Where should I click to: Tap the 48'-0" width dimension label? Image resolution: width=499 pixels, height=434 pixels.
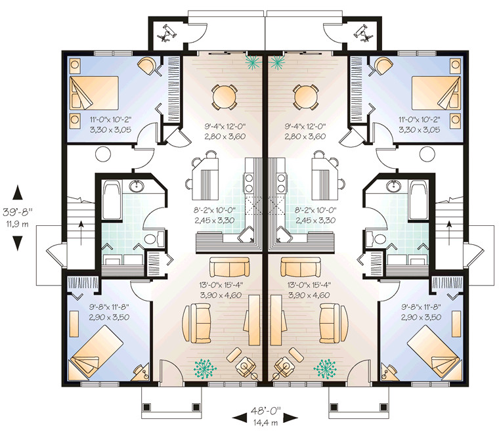coord(266,412)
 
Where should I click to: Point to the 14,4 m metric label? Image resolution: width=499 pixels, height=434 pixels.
coord(266,423)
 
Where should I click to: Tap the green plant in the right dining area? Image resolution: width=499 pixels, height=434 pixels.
coord(278,62)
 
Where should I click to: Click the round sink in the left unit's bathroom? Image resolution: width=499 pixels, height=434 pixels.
coord(138,186)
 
